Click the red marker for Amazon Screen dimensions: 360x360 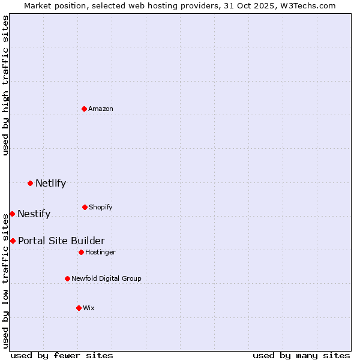(x=85, y=109)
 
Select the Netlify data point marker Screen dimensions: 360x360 (x=30, y=183)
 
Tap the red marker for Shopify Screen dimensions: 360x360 (x=85, y=207)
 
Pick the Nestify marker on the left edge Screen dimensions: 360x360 (x=12, y=214)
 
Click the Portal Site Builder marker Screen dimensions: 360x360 (x=13, y=241)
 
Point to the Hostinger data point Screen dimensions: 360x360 (x=81, y=252)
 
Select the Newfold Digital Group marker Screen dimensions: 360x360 (x=67, y=278)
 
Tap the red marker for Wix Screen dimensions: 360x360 (x=79, y=308)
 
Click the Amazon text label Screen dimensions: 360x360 (x=101, y=109)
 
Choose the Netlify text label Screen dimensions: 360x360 (x=50, y=183)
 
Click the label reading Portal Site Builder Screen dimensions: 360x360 (x=61, y=241)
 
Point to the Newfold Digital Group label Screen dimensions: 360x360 (x=106, y=278)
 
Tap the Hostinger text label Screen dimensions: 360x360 (x=100, y=252)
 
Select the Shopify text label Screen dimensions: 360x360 (x=100, y=207)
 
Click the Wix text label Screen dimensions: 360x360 (x=89, y=308)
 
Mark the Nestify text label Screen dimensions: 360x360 (x=34, y=214)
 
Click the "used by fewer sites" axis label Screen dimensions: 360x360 (x=62, y=355)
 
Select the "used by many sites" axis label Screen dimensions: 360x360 (x=301, y=355)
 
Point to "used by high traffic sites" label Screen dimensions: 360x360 (x=5, y=85)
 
